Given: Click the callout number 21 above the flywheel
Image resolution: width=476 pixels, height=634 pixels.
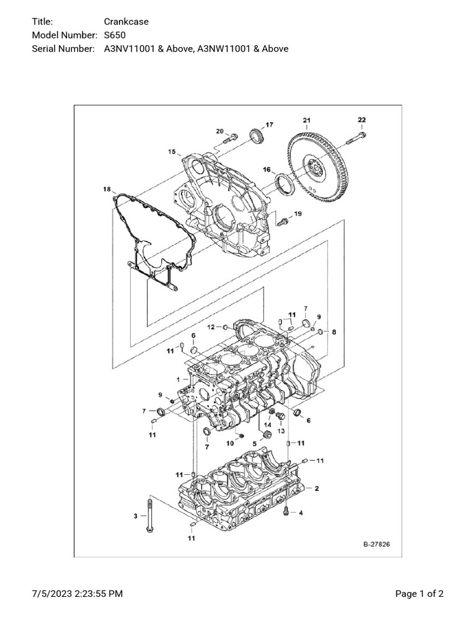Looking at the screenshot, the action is [x=307, y=119].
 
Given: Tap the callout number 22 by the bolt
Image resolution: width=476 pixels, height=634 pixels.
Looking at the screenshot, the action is [x=362, y=119].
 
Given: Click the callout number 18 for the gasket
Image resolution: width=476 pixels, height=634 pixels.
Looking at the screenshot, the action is [x=107, y=189].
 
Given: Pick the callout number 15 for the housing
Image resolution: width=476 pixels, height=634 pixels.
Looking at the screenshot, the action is [x=172, y=150].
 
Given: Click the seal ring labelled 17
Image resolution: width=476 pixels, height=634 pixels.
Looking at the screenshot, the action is [x=255, y=136].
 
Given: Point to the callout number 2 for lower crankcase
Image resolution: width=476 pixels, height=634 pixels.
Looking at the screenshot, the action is [x=317, y=489].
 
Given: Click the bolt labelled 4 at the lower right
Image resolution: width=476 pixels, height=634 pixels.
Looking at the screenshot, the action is [x=286, y=511].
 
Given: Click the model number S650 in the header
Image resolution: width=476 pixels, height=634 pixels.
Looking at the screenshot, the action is [x=115, y=35].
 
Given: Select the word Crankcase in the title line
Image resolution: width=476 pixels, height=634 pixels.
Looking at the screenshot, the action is [x=126, y=22].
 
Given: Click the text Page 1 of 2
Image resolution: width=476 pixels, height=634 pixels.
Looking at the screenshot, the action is [x=420, y=594].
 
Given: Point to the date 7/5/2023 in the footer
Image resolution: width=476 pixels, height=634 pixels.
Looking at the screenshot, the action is [x=51, y=594].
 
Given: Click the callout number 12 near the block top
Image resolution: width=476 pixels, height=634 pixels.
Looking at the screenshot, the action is [x=211, y=327].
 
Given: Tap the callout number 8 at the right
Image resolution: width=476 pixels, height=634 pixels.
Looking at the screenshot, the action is [x=334, y=332].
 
